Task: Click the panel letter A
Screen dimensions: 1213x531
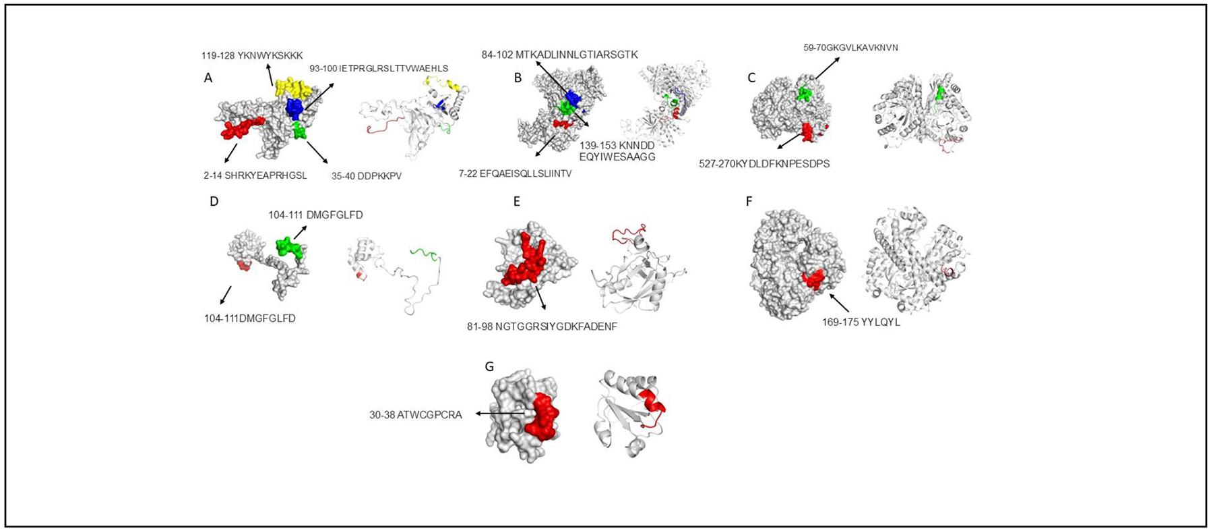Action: (x=208, y=78)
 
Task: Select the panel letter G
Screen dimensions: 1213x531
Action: (x=489, y=367)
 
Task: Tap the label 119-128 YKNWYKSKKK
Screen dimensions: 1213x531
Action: (x=252, y=55)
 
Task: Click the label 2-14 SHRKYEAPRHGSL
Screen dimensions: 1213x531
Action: (x=255, y=175)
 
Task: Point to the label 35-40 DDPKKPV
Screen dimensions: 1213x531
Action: (x=367, y=176)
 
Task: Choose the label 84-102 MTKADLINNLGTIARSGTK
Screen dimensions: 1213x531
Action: (x=559, y=55)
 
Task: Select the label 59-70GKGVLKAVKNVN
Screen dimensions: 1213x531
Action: (x=850, y=48)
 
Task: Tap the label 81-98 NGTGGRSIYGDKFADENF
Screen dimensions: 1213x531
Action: (x=542, y=327)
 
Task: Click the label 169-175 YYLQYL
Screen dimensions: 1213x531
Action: (x=861, y=322)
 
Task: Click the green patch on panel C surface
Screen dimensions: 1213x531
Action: (x=804, y=93)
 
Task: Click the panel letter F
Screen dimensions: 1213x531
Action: (x=749, y=202)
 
